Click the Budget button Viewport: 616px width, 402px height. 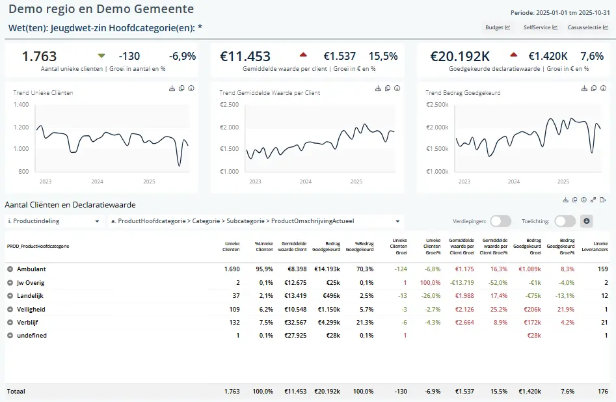(498, 27)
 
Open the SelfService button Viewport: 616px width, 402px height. (541, 27)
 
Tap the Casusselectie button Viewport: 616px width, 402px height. (587, 27)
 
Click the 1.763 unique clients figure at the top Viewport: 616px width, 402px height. (39, 57)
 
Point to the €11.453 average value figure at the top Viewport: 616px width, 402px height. (245, 57)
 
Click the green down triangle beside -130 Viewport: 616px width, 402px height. (101, 55)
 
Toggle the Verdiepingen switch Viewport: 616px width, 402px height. (500, 221)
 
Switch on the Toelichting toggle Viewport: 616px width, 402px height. (565, 221)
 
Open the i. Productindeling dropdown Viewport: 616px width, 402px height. (54, 221)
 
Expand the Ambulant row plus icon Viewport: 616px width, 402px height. (10, 269)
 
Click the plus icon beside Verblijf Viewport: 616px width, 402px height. (10, 323)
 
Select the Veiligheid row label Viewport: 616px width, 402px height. (31, 309)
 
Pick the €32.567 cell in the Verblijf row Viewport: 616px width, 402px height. (295, 323)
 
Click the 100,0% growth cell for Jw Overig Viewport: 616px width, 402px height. (430, 282)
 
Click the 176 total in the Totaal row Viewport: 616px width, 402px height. (602, 392)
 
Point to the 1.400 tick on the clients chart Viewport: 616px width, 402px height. (21, 104)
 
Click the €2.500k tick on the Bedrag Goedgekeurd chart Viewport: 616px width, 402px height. (437, 104)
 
